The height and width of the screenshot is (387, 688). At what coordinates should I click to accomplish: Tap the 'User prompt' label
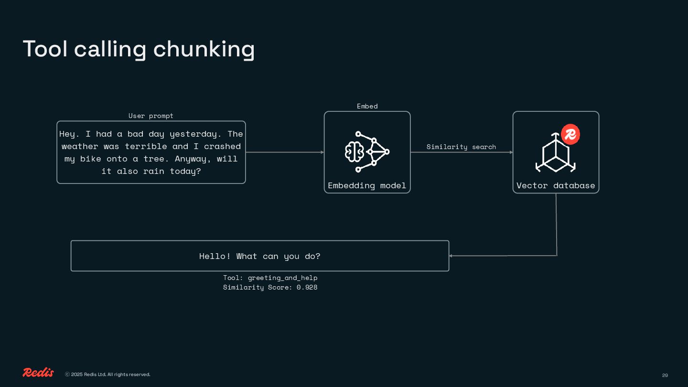pos(151,116)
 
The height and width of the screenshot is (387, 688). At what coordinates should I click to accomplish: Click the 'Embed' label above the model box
pos(367,106)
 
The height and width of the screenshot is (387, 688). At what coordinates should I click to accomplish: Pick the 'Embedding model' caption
pos(367,185)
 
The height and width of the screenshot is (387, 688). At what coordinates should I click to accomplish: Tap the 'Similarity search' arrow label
pos(461,147)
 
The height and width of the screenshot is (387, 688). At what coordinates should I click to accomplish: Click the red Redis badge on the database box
pos(570,135)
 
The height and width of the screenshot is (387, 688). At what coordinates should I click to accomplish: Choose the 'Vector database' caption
pos(556,185)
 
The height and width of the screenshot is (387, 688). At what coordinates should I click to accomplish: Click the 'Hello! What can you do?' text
pos(260,256)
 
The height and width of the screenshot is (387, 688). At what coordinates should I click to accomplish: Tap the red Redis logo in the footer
pos(38,373)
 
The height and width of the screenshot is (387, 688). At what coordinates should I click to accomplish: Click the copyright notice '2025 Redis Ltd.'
pos(107,375)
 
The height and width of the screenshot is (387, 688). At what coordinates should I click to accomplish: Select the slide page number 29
pos(665,375)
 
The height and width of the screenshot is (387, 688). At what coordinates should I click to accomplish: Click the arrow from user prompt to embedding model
pos(285,152)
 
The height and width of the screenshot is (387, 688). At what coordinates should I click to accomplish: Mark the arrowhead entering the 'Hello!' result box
pos(451,256)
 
